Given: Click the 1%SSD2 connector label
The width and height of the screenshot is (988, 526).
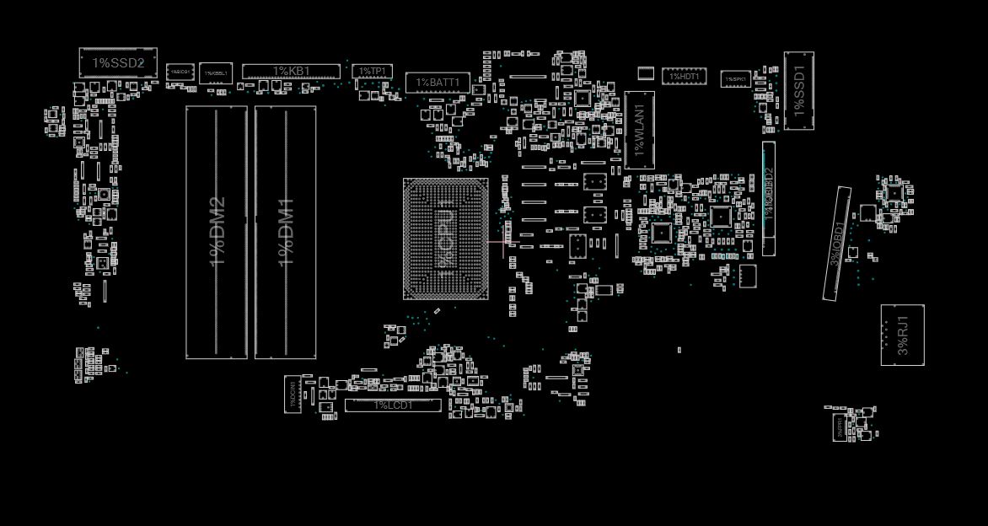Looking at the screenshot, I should [118, 63].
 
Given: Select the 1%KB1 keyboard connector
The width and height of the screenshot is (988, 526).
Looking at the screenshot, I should [291, 72].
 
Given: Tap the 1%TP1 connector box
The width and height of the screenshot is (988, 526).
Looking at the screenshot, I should [372, 72].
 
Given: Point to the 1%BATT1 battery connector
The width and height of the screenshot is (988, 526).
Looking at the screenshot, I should [437, 83].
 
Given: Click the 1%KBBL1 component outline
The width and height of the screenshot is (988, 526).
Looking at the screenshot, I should [216, 73].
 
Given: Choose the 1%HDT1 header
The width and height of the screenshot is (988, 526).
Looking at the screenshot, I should [684, 77].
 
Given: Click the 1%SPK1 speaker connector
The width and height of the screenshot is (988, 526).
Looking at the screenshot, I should [736, 78].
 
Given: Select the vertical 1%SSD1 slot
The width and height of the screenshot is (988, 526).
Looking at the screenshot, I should [799, 91].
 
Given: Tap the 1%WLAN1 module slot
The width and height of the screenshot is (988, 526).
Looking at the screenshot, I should [639, 130].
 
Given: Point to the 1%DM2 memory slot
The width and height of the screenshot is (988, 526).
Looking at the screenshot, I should [217, 232].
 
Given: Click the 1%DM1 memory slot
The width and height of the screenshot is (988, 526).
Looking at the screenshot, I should [286, 232].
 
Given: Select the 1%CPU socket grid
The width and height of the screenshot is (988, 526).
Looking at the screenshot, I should [445, 239].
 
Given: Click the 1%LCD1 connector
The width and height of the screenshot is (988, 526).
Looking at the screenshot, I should [393, 405].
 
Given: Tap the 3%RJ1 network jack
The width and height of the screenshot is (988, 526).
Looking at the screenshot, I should [902, 335].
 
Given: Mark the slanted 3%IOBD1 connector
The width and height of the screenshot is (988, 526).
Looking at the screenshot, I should [837, 244].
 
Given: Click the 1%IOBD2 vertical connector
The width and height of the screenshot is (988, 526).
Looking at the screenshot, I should [769, 198].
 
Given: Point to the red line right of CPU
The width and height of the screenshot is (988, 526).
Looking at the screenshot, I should [497, 243].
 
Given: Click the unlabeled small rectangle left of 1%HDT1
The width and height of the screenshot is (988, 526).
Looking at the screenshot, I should [646, 73].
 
